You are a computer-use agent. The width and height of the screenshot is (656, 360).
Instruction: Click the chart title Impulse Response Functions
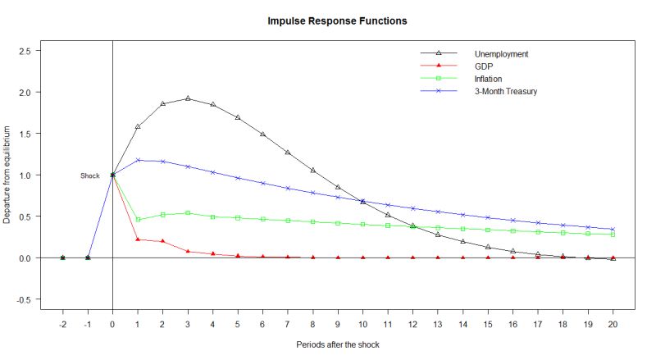[x=337, y=20]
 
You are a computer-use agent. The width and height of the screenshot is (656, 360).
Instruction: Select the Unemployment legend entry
[x=501, y=54]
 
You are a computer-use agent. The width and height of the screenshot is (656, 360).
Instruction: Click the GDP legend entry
[x=482, y=66]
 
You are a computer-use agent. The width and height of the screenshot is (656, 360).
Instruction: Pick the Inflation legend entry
[x=488, y=78]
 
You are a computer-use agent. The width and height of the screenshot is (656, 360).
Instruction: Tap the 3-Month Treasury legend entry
[x=505, y=90]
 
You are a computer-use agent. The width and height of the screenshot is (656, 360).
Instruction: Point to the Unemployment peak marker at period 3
[x=188, y=98]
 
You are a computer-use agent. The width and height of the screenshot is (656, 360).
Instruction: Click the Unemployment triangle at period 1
[x=138, y=126]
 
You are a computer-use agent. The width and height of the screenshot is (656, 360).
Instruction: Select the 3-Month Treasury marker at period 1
[x=138, y=160]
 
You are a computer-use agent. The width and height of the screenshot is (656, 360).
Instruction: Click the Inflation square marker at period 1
[x=138, y=220]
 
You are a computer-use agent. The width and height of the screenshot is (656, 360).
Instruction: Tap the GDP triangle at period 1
[x=138, y=239]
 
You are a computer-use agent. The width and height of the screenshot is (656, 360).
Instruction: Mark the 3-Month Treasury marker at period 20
[x=613, y=230]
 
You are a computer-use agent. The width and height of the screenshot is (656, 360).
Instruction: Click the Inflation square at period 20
[x=613, y=235]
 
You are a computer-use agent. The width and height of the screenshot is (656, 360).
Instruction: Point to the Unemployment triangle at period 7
[x=288, y=153]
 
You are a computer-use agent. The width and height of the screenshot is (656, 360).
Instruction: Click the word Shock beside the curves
[x=90, y=175]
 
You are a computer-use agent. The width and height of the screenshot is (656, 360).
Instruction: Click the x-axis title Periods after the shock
[x=337, y=345]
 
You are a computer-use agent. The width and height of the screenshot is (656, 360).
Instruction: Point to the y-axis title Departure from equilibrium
[x=7, y=175]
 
